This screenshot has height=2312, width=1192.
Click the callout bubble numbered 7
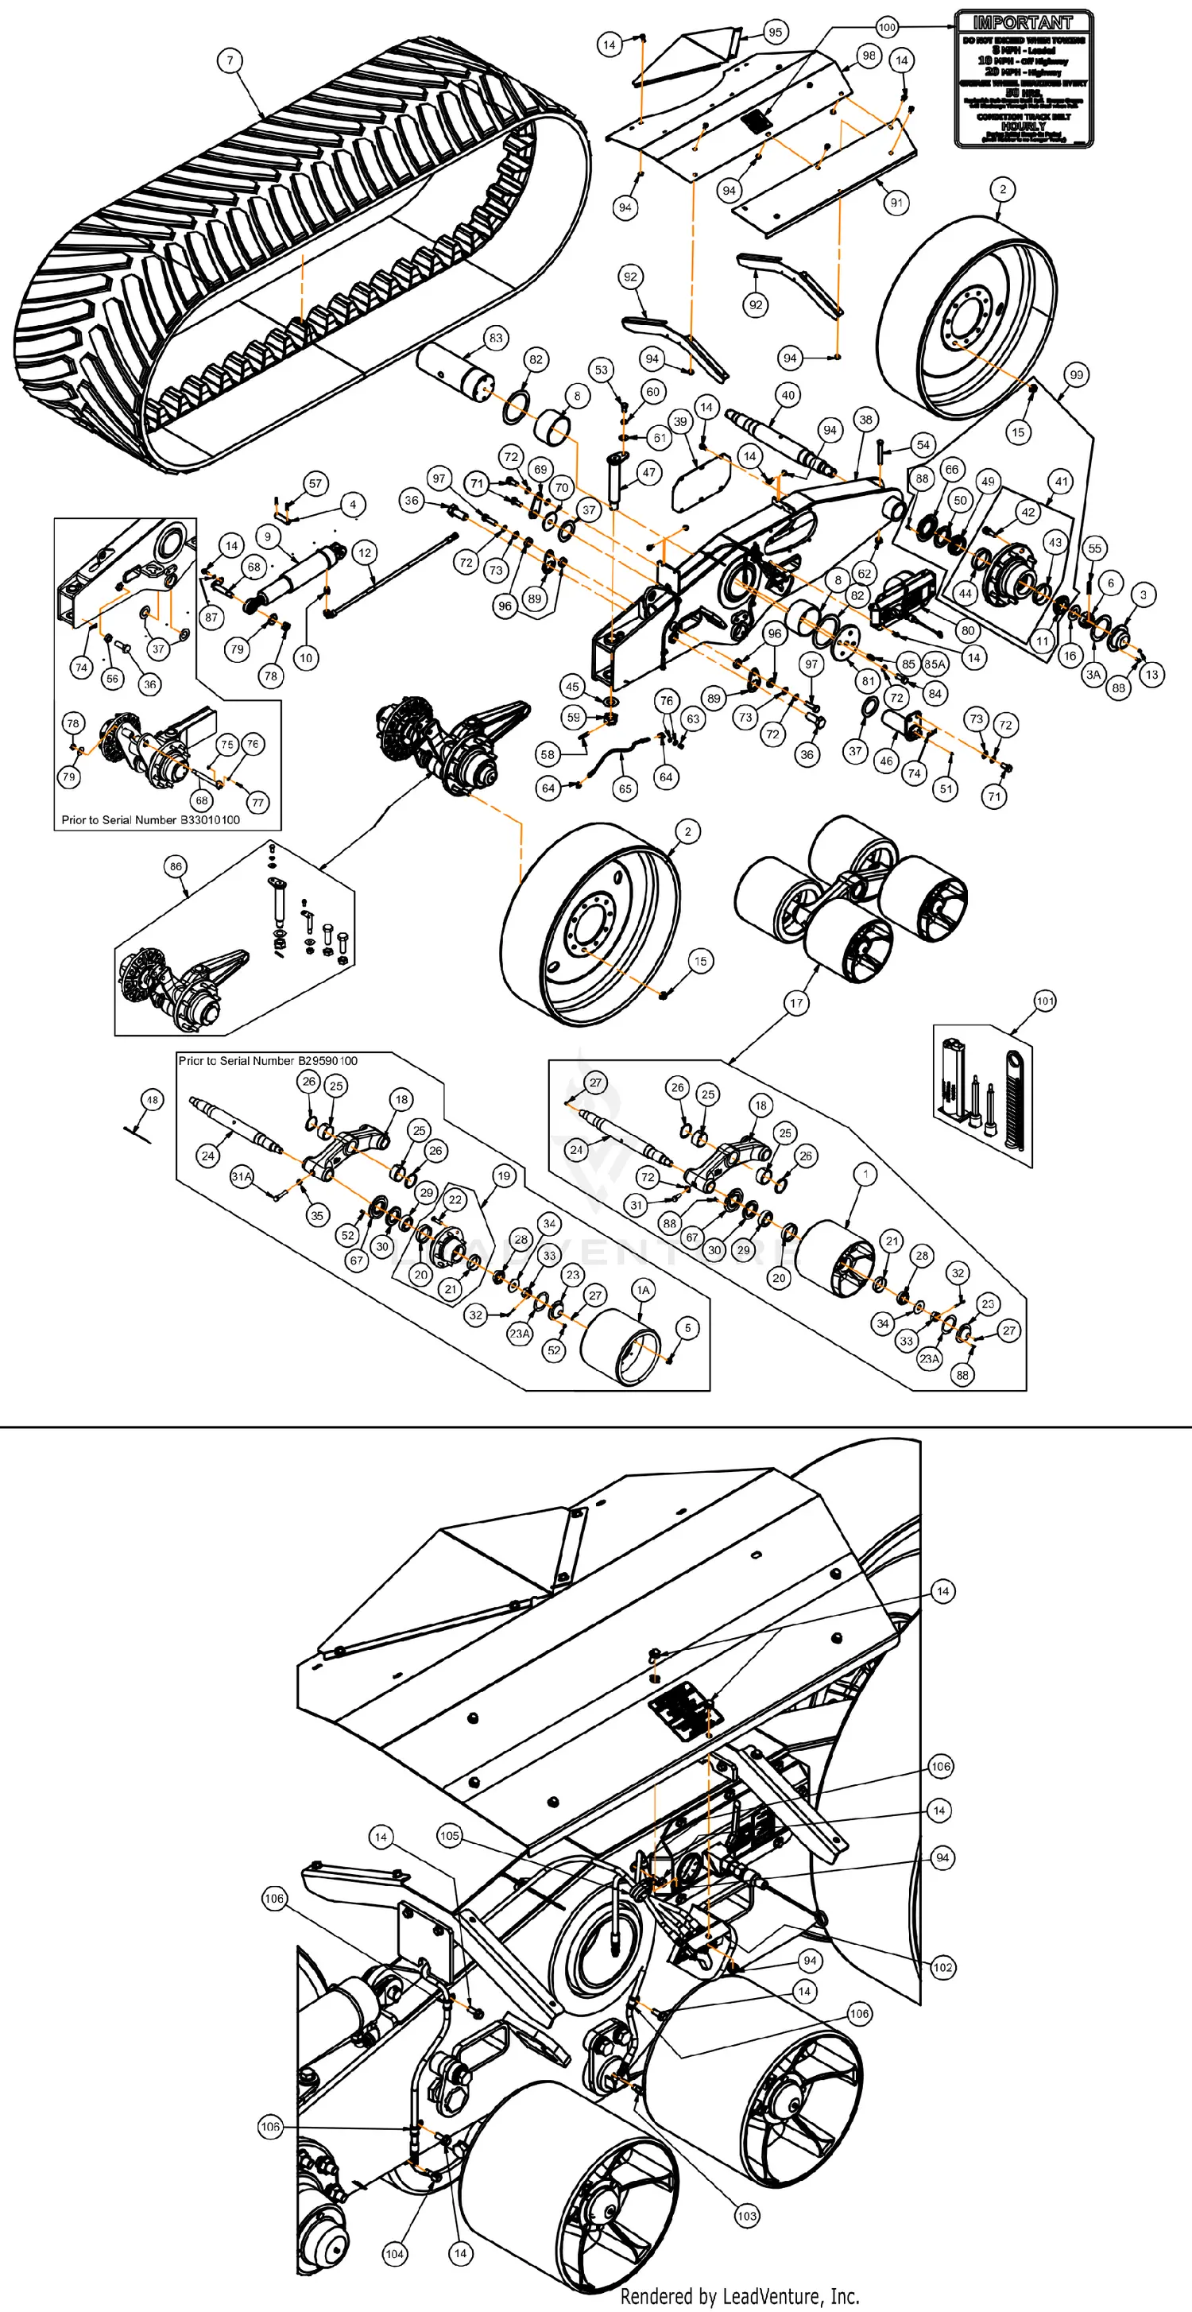230,60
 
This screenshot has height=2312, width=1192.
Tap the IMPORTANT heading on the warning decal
1023,22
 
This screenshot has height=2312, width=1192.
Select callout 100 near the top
887,27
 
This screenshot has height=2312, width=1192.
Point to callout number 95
774,33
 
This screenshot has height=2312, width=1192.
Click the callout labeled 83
495,338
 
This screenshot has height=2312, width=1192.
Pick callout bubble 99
1075,374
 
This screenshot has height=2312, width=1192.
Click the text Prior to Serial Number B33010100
151,819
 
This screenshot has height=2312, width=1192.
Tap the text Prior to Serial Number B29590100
268,1061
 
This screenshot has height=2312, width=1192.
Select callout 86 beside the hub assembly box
176,866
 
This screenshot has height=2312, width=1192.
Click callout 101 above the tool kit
1045,1001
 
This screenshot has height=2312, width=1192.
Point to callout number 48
153,1099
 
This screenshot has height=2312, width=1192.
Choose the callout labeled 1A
643,1290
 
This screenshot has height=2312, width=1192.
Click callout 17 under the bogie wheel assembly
796,1002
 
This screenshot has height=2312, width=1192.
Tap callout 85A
935,664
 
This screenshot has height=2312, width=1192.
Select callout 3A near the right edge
1093,674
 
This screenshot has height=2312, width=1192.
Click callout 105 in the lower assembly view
450,1835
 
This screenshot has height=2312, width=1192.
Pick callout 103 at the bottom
747,2215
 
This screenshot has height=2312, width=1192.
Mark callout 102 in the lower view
942,1967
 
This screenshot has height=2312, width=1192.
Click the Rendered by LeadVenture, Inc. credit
740,2296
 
